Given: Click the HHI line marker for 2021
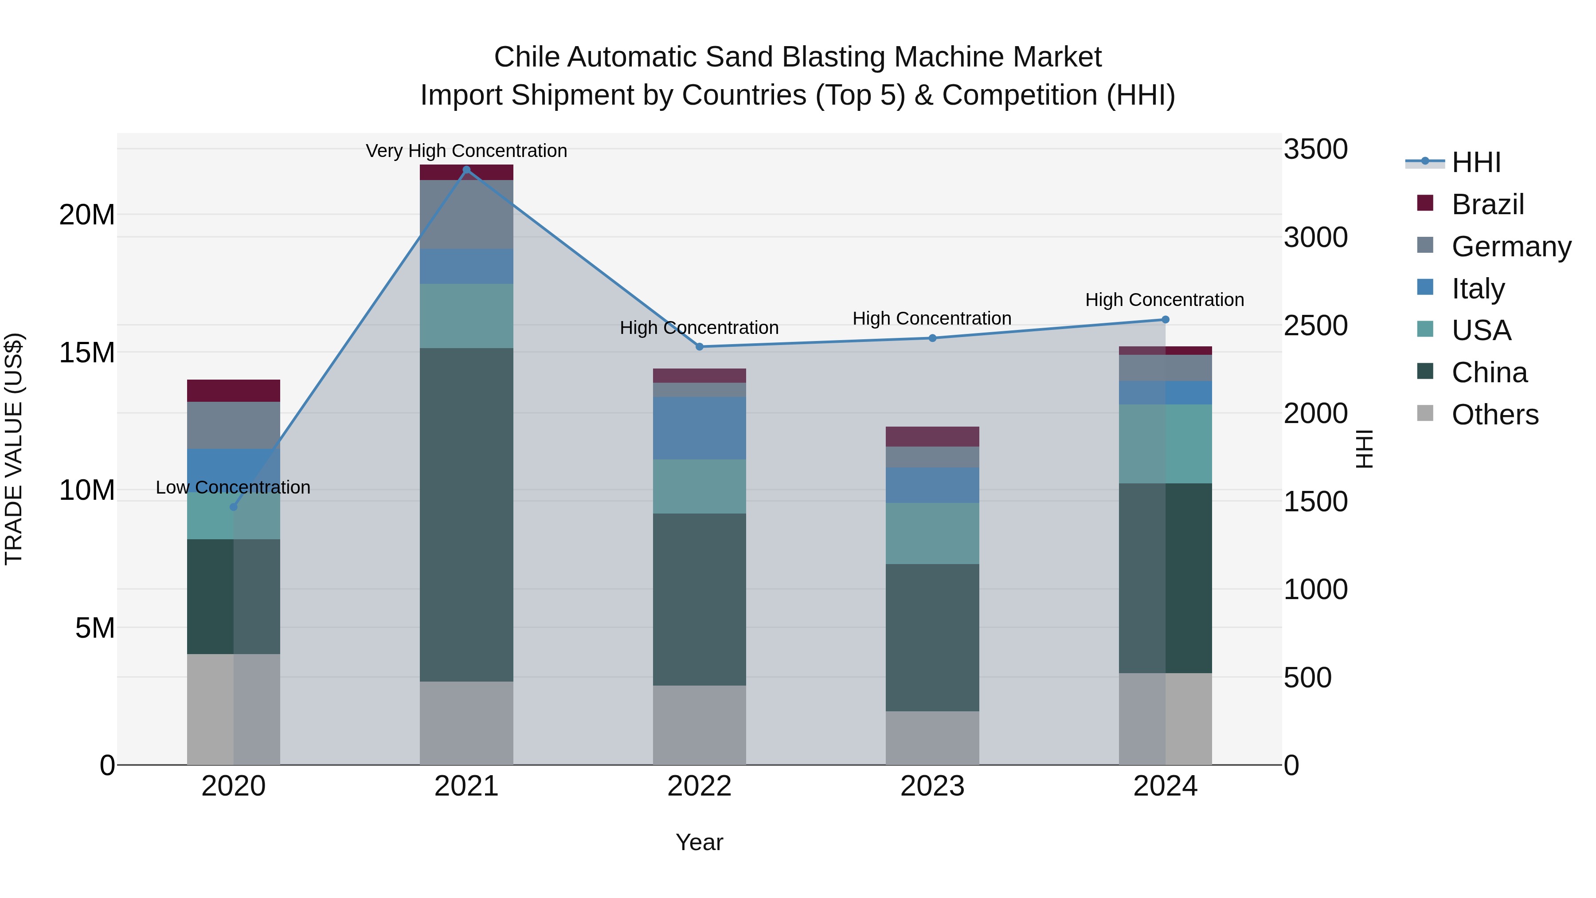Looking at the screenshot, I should (x=466, y=170).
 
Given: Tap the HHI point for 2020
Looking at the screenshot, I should (x=234, y=507).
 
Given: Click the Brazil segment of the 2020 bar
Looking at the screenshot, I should (x=234, y=390).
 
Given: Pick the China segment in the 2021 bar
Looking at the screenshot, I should (x=466, y=514).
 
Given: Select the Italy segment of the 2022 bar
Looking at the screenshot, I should (x=700, y=427).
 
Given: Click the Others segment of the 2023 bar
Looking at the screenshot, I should (x=932, y=737).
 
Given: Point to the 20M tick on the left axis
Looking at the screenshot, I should (x=87, y=215).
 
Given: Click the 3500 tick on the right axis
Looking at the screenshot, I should (x=1315, y=149).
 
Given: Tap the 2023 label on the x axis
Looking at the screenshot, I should (x=932, y=786).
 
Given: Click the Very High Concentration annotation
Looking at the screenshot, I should (x=466, y=151).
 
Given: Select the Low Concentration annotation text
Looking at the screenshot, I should (x=233, y=487).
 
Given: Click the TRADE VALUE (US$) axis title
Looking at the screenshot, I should (x=14, y=449).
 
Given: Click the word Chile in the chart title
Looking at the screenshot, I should (x=527, y=57).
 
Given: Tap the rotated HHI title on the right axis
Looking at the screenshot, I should (x=1364, y=449).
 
